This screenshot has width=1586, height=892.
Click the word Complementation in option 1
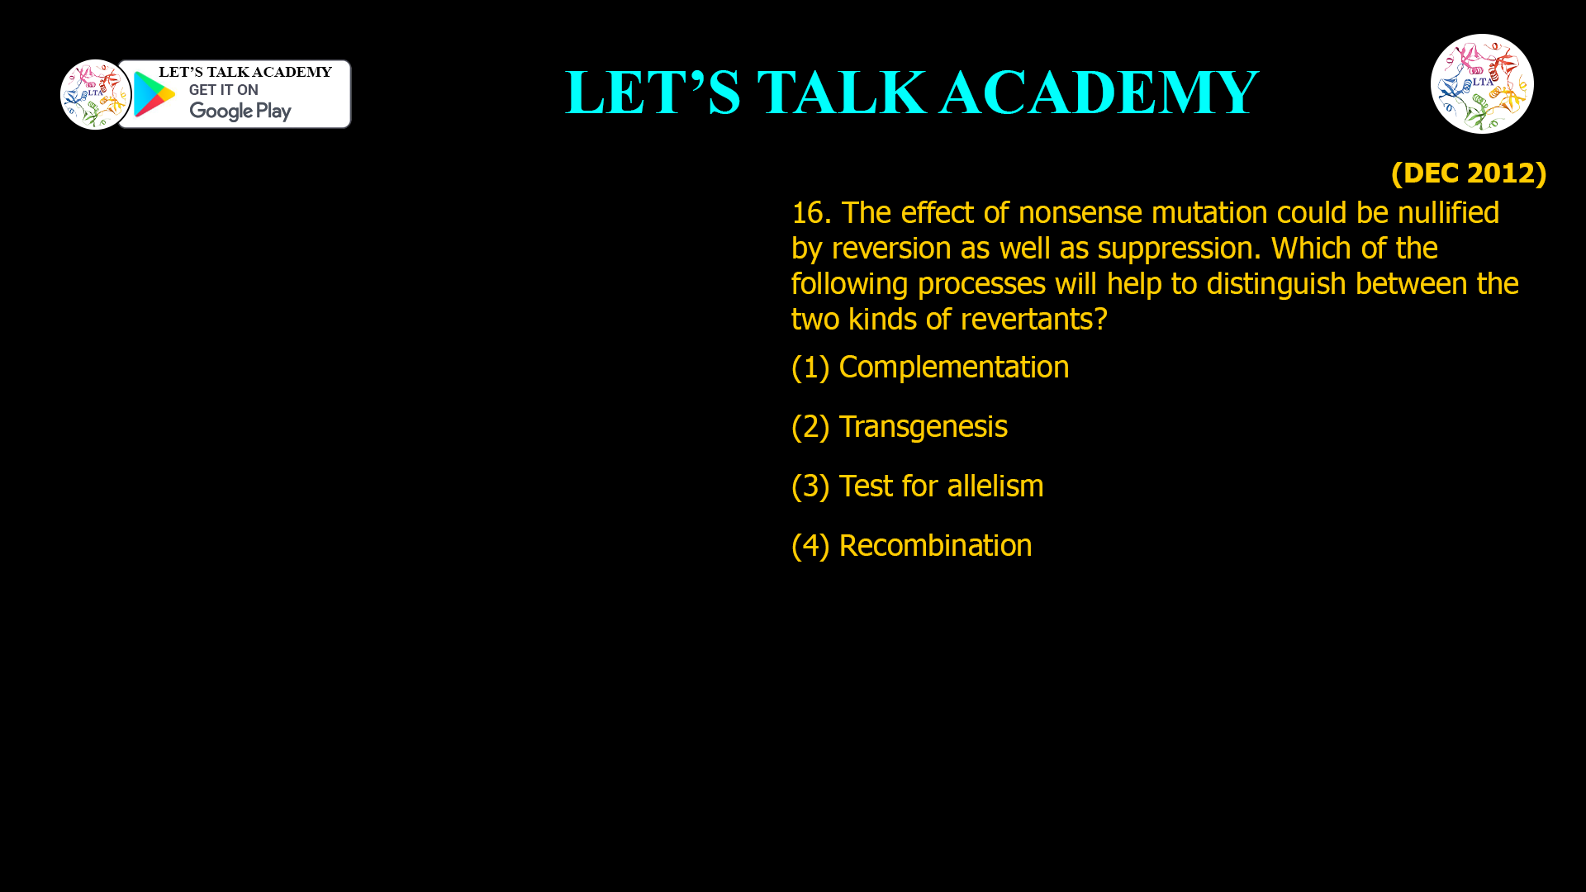point(953,368)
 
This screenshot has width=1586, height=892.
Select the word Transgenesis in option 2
point(923,427)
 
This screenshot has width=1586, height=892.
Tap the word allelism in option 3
point(995,486)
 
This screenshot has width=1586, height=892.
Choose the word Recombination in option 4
point(935,546)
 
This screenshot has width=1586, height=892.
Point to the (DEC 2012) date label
point(1468,173)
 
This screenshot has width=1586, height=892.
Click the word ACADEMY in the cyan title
point(1099,93)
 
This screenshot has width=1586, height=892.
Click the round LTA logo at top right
point(1482,83)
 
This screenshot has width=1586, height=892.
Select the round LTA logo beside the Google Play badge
point(96,94)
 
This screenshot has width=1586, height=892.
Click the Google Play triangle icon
point(154,94)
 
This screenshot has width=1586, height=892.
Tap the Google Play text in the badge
point(240,111)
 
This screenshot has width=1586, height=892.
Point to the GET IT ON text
point(223,90)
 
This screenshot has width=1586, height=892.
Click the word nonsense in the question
point(1080,213)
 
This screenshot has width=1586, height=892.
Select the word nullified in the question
point(1448,213)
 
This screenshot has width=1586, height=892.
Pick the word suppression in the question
point(1174,249)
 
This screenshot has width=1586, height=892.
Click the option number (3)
point(810,486)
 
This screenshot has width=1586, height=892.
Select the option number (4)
point(810,546)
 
